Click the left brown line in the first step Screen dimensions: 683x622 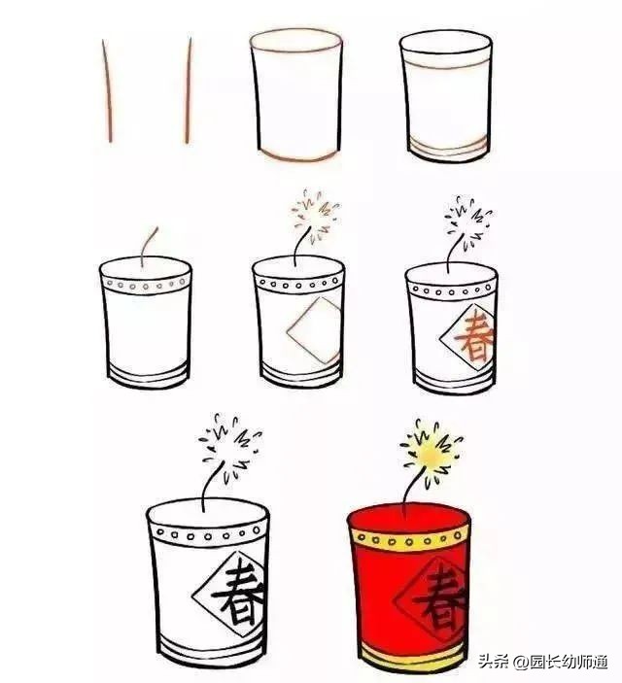click(x=106, y=92)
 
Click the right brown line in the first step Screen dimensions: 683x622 click(x=188, y=92)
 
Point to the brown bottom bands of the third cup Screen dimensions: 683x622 click(x=446, y=149)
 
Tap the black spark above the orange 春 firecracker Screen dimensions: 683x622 click(x=467, y=222)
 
